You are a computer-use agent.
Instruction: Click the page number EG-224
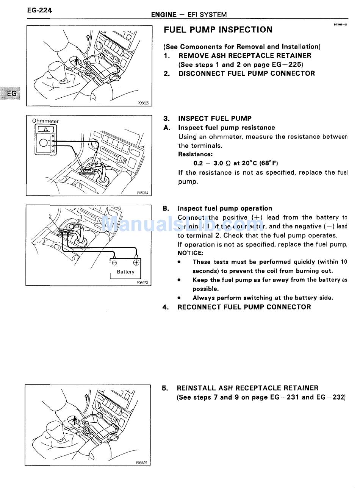(x=39, y=11)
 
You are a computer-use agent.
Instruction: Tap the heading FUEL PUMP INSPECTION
(x=218, y=30)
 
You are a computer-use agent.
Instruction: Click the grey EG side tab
(x=12, y=93)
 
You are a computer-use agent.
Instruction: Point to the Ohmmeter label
(x=45, y=121)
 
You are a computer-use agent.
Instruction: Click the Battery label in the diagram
(x=125, y=272)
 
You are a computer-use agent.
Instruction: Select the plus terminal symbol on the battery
(x=136, y=262)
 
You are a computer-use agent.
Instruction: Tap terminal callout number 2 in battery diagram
(x=50, y=217)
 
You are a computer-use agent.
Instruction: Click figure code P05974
(x=144, y=193)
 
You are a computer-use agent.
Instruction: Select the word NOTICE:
(x=191, y=253)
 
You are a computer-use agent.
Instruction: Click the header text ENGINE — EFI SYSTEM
(x=189, y=15)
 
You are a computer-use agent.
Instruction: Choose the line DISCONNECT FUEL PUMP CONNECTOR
(x=246, y=73)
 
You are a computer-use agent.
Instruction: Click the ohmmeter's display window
(x=45, y=129)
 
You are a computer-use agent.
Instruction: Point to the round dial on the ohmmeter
(x=44, y=142)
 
